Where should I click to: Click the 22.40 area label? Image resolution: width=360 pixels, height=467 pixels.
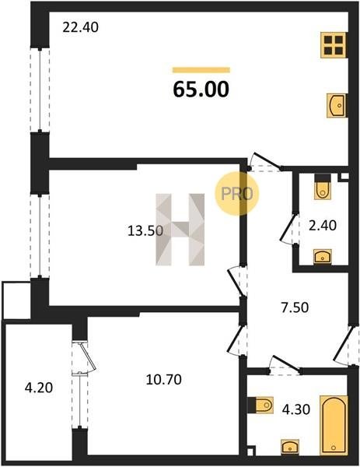(80, 28)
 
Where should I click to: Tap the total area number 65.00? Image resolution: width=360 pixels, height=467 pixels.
(201, 90)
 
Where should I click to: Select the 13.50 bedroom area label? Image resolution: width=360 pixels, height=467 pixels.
(145, 231)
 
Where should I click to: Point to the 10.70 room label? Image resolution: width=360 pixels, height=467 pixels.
(163, 380)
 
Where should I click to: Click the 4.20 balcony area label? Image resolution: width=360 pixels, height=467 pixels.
(39, 388)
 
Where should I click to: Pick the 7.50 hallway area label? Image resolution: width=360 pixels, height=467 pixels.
(295, 307)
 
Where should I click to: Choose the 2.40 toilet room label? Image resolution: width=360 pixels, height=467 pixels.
(323, 226)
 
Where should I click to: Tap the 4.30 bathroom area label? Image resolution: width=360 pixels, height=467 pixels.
(296, 410)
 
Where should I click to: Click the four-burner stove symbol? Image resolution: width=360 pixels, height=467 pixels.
(334, 45)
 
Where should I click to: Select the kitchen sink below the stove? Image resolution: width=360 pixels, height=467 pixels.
(337, 105)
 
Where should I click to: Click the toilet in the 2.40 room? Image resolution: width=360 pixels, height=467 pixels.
(322, 186)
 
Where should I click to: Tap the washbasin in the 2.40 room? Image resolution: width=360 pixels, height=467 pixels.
(323, 256)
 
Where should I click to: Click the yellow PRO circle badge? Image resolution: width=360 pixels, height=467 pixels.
(237, 194)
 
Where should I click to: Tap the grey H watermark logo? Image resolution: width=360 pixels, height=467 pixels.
(180, 230)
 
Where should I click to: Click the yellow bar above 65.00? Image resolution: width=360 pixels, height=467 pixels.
(201, 70)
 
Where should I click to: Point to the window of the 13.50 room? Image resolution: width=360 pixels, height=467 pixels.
(40, 236)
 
